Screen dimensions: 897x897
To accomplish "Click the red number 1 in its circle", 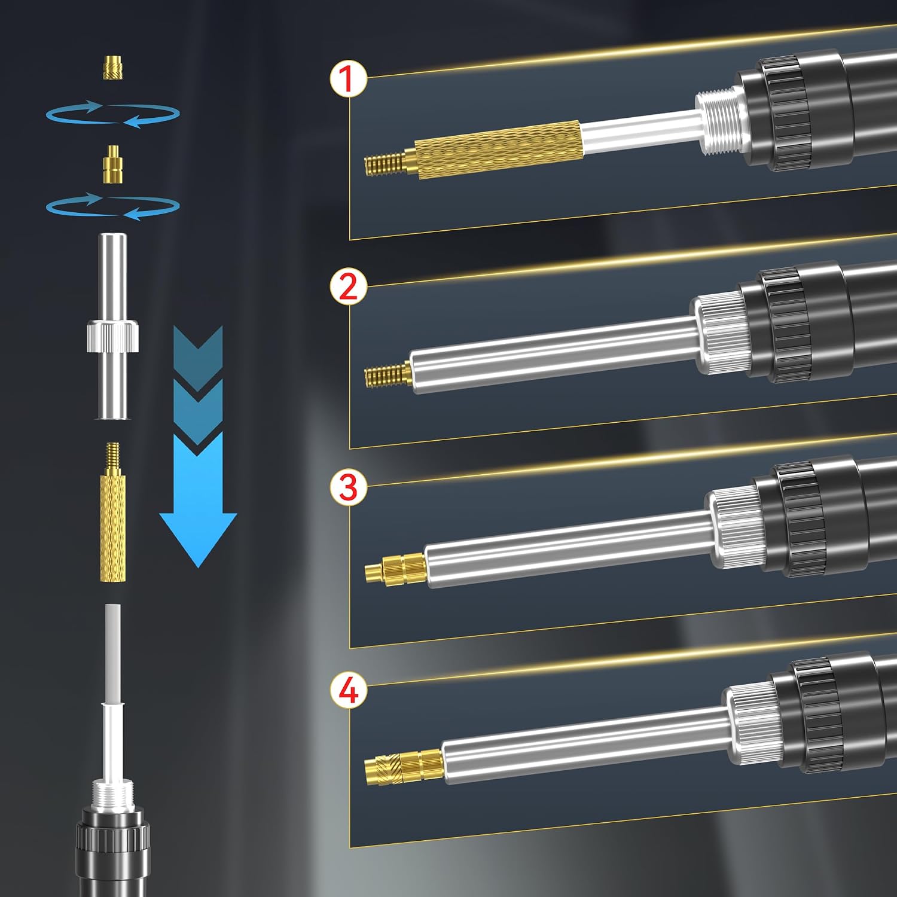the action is (x=348, y=80).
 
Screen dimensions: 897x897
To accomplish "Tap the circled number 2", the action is (x=348, y=286).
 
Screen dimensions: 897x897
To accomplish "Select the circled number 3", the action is (x=348, y=487).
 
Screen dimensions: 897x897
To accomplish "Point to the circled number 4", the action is (x=348, y=690).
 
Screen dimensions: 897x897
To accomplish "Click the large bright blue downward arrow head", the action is (x=198, y=526).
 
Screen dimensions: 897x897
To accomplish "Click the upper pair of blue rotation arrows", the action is (x=113, y=114).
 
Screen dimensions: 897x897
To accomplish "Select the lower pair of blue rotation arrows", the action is (x=113, y=206).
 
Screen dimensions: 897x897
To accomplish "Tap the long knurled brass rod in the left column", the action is (x=113, y=512).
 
